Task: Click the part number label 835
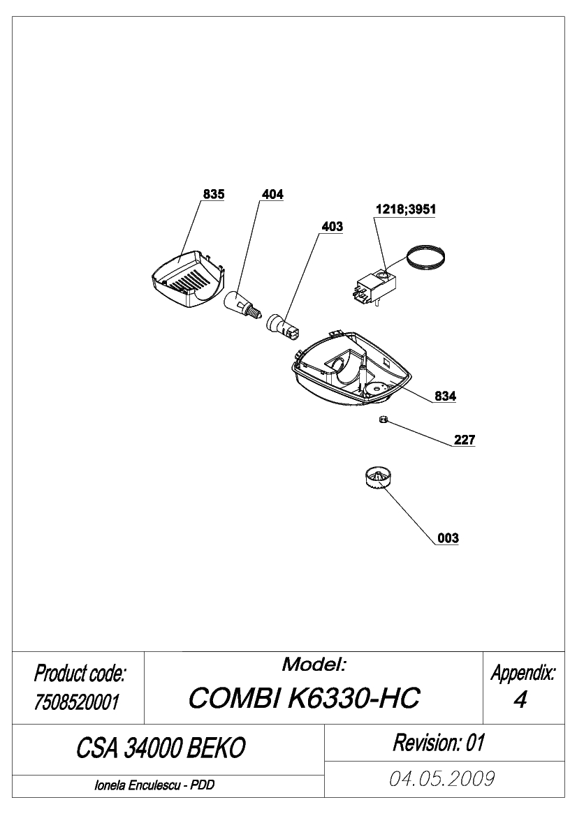click(x=214, y=194)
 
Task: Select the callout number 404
click(x=272, y=194)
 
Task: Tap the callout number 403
click(x=333, y=226)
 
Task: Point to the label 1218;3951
click(x=406, y=209)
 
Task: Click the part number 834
click(x=445, y=396)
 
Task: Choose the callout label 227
click(x=465, y=440)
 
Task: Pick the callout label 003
click(x=448, y=537)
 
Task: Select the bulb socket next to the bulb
click(x=282, y=326)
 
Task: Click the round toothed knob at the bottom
click(x=377, y=477)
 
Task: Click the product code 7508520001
click(x=77, y=702)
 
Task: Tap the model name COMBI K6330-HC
click(x=304, y=697)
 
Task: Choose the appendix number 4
click(x=520, y=700)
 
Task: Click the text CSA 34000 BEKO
click(x=161, y=748)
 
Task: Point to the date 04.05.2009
click(x=441, y=779)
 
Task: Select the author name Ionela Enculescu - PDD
click(x=154, y=785)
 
